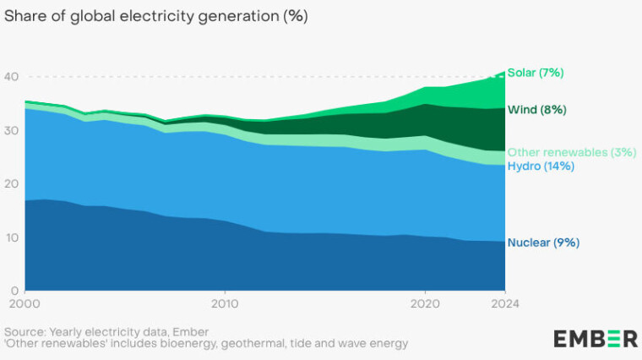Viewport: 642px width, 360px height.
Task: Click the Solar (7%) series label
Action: [x=536, y=73]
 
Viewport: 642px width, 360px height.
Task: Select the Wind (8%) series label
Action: [x=536, y=110]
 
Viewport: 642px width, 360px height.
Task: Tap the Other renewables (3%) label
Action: [x=571, y=152]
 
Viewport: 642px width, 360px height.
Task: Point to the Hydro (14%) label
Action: [x=541, y=166]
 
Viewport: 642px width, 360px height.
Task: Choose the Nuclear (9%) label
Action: [x=543, y=243]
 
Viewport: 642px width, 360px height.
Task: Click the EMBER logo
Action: [x=596, y=339]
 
